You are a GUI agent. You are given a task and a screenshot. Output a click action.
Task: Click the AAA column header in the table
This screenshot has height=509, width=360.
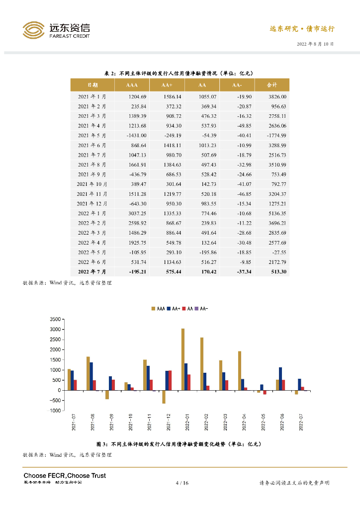(x=132, y=85)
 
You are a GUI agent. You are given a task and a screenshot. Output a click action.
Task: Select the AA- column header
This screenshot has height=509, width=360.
(x=237, y=85)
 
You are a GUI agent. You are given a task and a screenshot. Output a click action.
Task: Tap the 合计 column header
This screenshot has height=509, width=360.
(x=271, y=85)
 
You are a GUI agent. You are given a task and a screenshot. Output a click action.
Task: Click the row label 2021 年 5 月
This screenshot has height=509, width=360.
(x=92, y=136)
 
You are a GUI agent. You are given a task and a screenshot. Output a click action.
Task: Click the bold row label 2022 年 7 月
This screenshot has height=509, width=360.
(x=92, y=272)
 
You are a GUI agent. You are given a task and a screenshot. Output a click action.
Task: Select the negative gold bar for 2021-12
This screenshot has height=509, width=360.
(x=164, y=397)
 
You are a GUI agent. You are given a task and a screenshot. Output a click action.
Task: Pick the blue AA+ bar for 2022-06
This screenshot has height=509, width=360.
(x=280, y=379)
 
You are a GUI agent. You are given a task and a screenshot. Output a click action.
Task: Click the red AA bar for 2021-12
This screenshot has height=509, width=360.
(x=170, y=380)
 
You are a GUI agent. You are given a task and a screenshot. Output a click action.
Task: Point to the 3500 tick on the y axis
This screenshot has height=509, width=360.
(x=55, y=319)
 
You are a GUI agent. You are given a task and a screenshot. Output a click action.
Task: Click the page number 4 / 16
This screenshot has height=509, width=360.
(x=182, y=483)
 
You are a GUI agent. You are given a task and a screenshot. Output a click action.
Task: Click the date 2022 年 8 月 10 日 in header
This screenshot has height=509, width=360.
(x=315, y=44)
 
